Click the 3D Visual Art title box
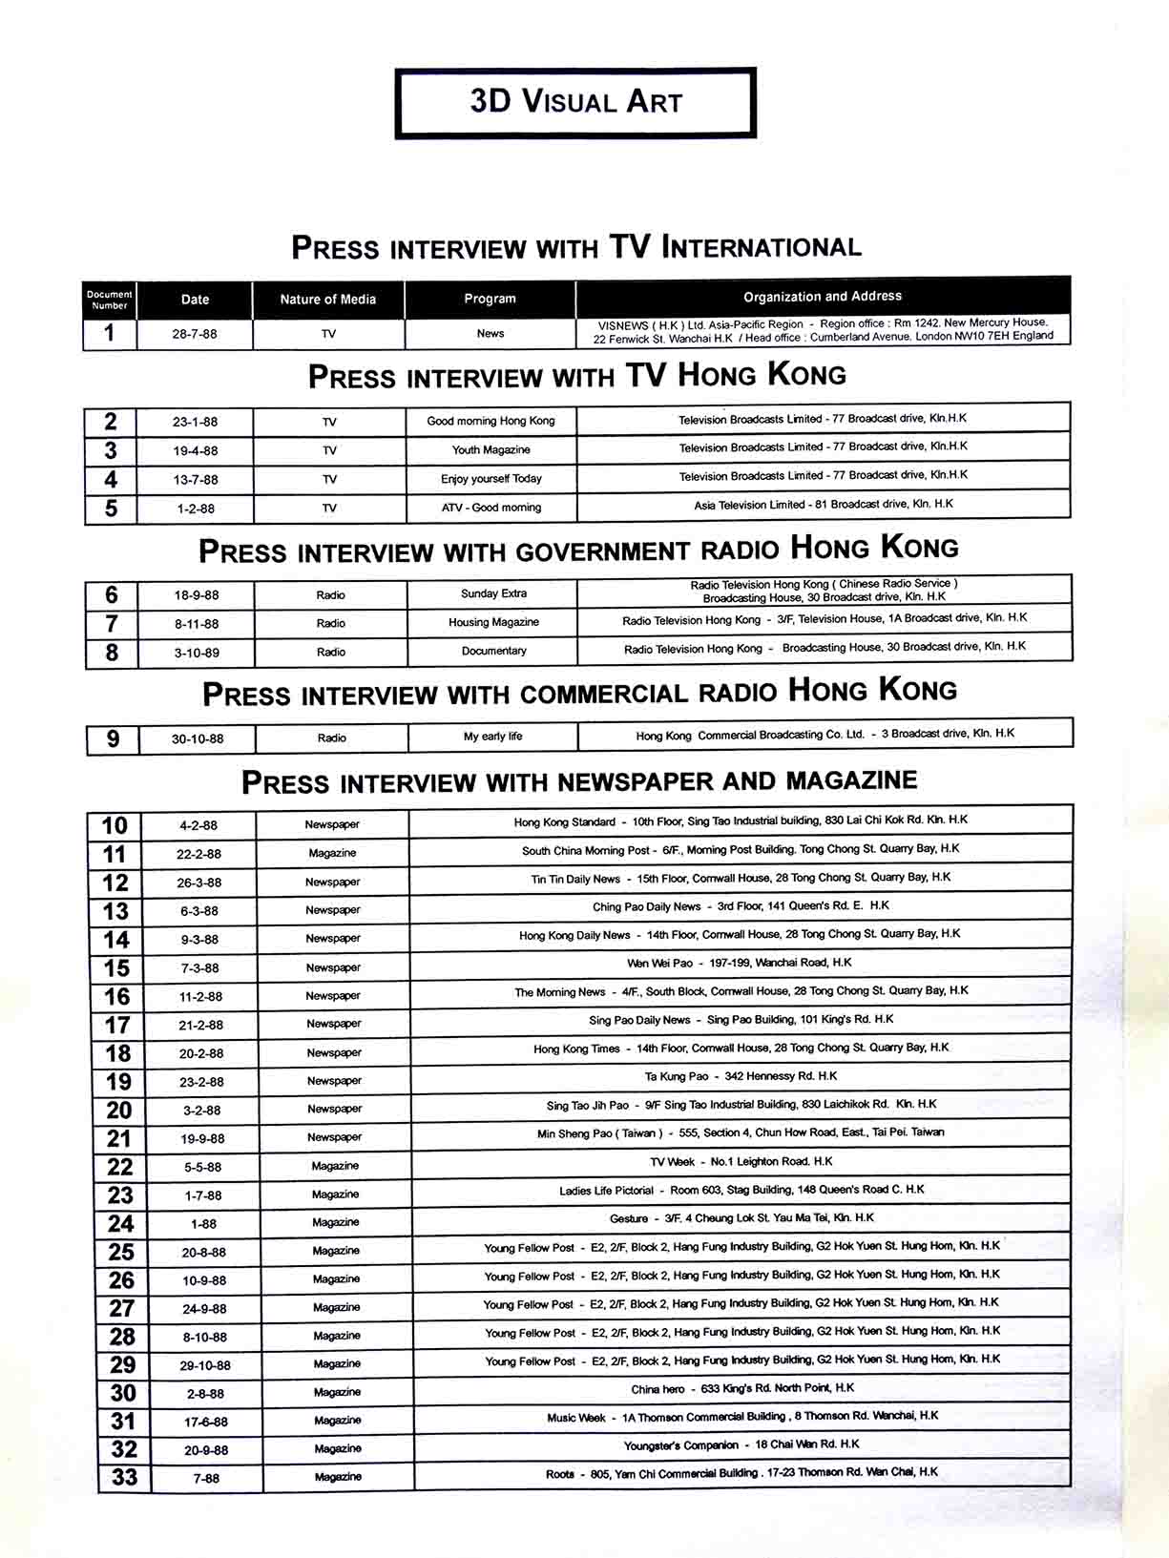(x=575, y=102)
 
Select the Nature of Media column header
(x=327, y=300)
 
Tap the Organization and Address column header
(x=822, y=297)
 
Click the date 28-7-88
(x=195, y=334)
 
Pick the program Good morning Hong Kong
(x=491, y=421)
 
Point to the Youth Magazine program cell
(x=491, y=449)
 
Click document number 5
(x=111, y=509)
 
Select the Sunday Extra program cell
(x=493, y=593)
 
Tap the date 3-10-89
(x=197, y=653)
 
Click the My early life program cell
(x=492, y=737)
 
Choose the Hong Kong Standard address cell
(x=741, y=821)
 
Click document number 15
(x=116, y=968)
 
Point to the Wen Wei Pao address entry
(x=740, y=963)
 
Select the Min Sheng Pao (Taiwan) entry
(x=741, y=1132)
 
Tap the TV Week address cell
(x=741, y=1161)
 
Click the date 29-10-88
(x=205, y=1365)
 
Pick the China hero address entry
(x=742, y=1388)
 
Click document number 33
(x=125, y=1478)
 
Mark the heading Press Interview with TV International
(x=575, y=248)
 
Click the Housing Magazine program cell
(x=493, y=622)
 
